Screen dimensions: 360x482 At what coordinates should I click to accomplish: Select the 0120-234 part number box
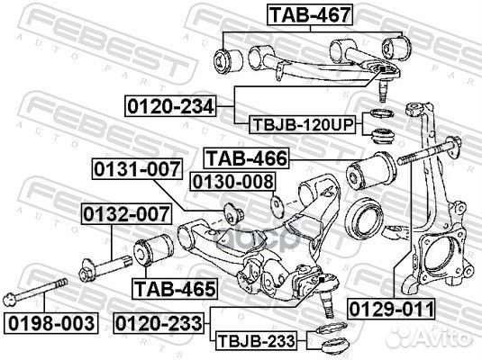click(x=169, y=107)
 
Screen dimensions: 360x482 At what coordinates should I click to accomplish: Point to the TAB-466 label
click(x=246, y=158)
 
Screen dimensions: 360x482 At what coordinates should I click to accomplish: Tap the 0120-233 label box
click(x=159, y=320)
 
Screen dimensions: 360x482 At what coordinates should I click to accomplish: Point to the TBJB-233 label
click(x=254, y=341)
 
